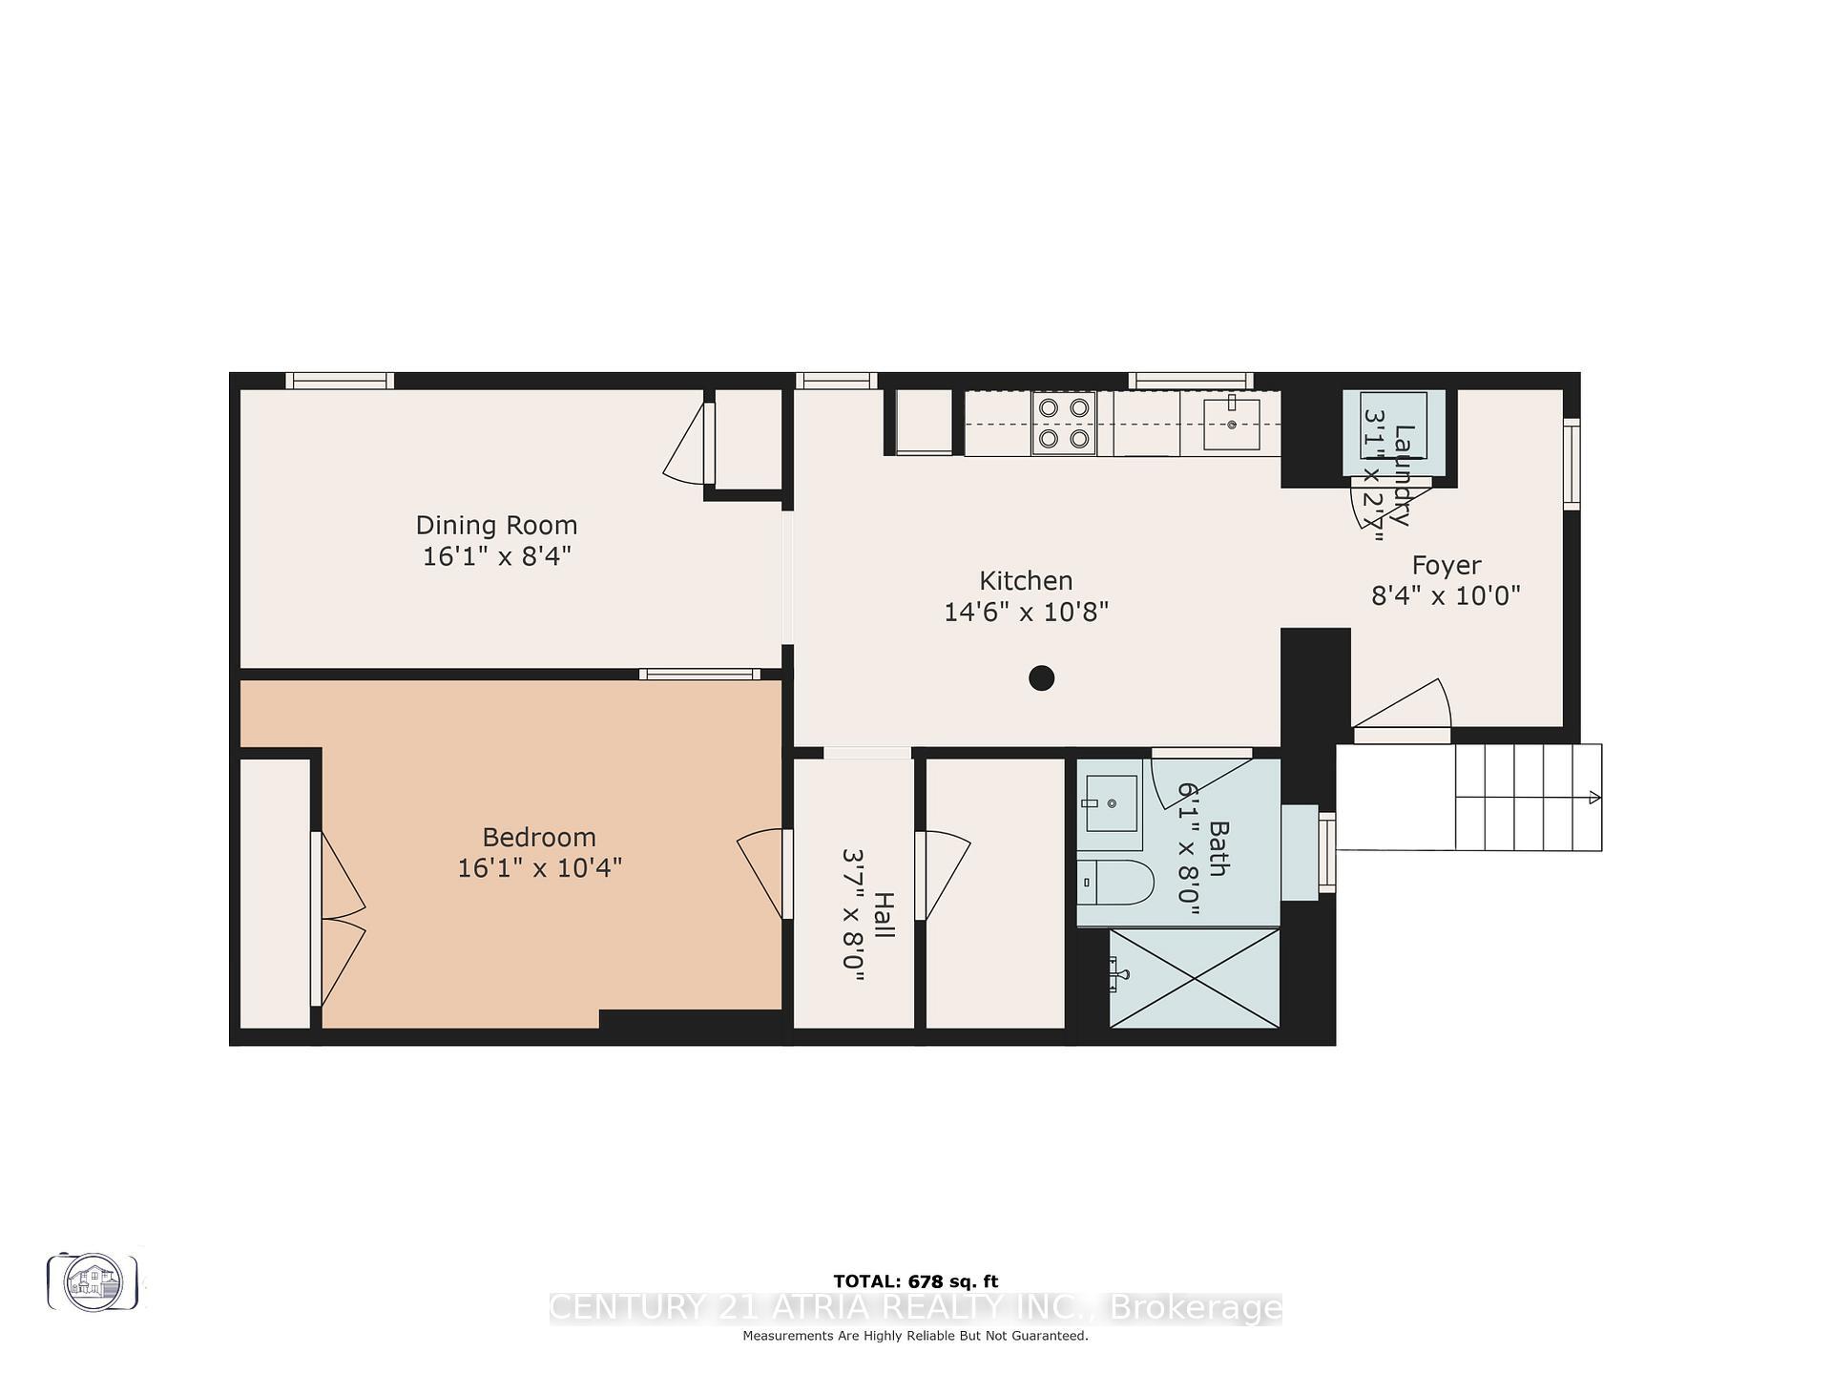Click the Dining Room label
tap(496, 526)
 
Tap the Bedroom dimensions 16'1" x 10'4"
tap(539, 868)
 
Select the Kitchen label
tap(1026, 581)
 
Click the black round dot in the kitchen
tap(1041, 678)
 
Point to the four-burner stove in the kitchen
tap(1064, 423)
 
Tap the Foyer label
tap(1447, 566)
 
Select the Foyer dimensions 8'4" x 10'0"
tap(1446, 596)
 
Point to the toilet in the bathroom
tap(1115, 882)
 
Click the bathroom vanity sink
tap(1112, 803)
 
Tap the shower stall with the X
tap(1194, 978)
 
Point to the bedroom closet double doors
tap(339, 919)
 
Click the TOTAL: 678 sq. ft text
tap(915, 1281)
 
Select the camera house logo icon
tap(94, 1281)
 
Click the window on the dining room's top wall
tap(340, 381)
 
